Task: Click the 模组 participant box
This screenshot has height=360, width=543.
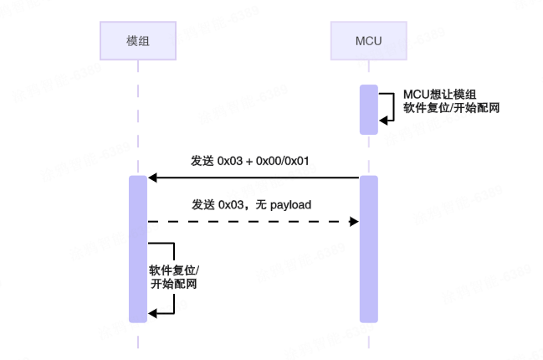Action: point(138,40)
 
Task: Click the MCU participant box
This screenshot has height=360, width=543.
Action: point(369,40)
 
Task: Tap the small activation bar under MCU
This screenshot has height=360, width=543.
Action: point(369,109)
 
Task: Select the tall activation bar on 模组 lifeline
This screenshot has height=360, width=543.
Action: point(138,249)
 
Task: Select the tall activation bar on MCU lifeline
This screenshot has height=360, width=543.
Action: point(369,249)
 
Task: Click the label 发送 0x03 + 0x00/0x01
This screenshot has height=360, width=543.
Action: point(251,161)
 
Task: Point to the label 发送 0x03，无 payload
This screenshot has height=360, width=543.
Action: point(252,204)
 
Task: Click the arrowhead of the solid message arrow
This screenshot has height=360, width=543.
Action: point(152,177)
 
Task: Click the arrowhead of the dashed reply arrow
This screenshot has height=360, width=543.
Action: point(354,221)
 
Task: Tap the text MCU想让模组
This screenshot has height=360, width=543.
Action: point(439,94)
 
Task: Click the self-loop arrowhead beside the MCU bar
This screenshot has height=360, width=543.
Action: point(384,121)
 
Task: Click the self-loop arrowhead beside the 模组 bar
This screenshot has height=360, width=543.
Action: point(153,313)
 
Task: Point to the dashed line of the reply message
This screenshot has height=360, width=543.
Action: point(251,221)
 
